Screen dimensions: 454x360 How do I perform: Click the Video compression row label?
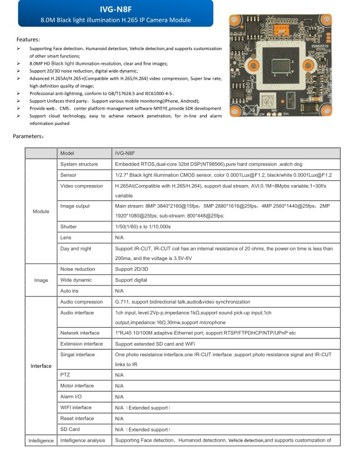pyautogui.click(x=81, y=186)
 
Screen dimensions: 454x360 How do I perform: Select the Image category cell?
pyautogui.click(x=41, y=280)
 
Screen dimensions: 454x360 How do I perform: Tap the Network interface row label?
pyautogui.click(x=80, y=333)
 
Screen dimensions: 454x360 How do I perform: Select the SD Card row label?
pyautogui.click(x=70, y=429)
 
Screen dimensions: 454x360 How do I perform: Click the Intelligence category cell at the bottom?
pyautogui.click(x=41, y=440)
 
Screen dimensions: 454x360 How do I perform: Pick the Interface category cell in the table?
pyautogui.click(x=41, y=366)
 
